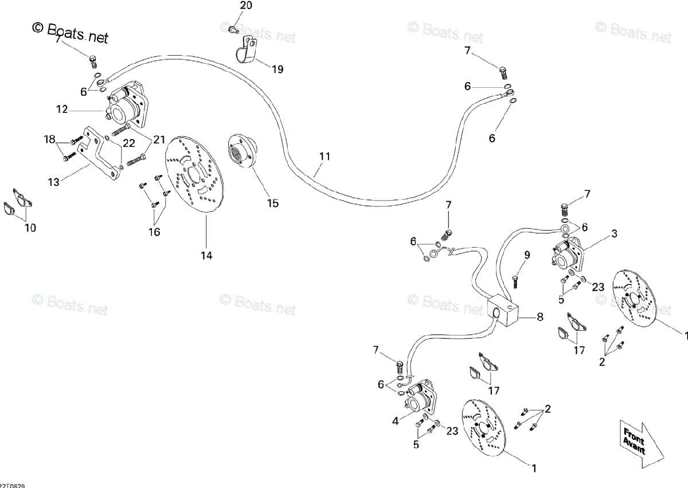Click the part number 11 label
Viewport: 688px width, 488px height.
325,156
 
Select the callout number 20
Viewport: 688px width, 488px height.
245,6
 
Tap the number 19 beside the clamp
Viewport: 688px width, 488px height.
277,69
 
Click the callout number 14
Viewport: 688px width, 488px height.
206,255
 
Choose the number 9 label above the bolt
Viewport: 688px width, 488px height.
526,255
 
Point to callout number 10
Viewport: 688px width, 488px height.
30,228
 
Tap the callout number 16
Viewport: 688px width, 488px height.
155,232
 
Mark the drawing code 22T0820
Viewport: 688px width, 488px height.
12,485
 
